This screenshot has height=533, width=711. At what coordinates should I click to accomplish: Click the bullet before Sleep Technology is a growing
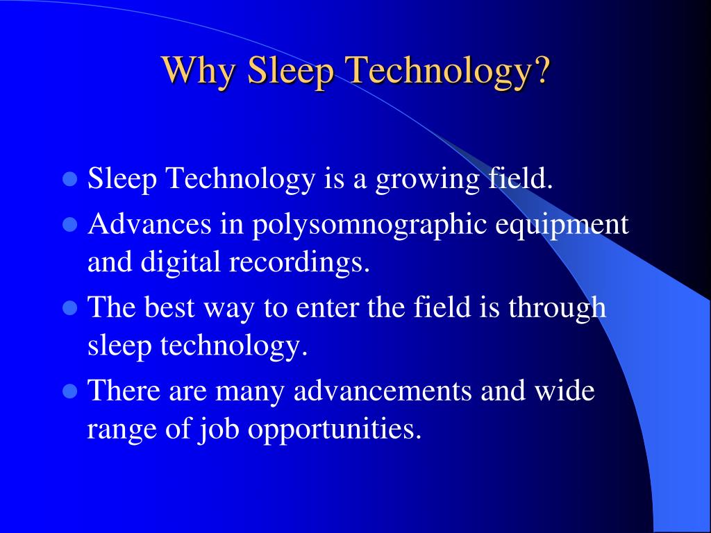[x=69, y=180]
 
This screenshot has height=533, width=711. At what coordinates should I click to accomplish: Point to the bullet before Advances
[x=69, y=224]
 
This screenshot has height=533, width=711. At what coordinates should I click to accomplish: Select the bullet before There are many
[x=69, y=391]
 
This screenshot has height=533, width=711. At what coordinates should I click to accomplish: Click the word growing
[x=426, y=180]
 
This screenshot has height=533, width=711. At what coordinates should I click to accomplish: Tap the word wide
[x=564, y=391]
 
